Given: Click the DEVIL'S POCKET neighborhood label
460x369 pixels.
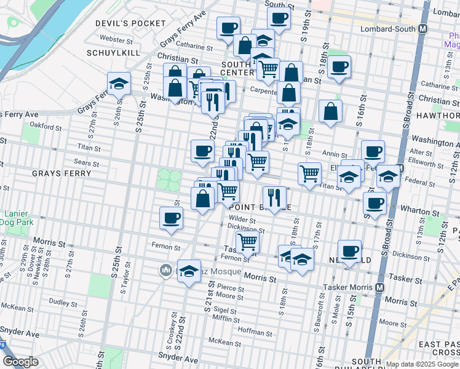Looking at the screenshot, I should pos(130,23).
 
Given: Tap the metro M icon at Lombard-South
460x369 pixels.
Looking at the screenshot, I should pos(423,29).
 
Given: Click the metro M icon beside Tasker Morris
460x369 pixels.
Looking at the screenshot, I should pos(380,287).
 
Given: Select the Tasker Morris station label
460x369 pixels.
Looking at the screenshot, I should pos(349,287).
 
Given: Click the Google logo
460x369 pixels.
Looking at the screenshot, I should pos(20,362).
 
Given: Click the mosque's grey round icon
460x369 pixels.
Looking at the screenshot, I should pos(165,269).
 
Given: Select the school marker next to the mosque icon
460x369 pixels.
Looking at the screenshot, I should pos(189,271).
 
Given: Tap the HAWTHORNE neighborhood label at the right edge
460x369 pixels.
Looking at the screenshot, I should pos(441,115).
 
